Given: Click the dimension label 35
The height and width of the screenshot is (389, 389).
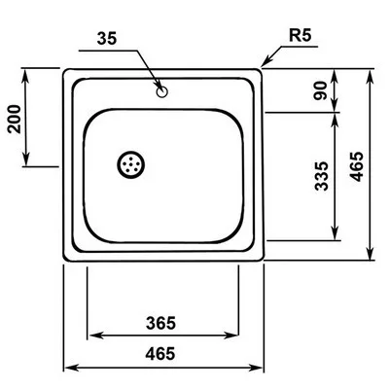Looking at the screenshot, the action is [106, 39].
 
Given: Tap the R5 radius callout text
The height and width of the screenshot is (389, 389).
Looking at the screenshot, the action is [300, 36].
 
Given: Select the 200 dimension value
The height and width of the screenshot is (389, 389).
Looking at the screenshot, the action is [15, 119].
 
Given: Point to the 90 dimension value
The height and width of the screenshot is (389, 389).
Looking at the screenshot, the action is [322, 91].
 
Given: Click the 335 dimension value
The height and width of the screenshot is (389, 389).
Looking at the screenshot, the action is [322, 176].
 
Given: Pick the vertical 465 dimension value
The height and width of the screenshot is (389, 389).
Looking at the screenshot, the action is [358, 166].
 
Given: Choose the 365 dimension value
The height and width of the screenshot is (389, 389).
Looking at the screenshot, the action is [160, 323].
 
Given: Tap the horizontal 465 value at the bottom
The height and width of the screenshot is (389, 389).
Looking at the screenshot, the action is [160, 353].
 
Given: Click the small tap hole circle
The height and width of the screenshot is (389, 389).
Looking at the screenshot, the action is [161, 91].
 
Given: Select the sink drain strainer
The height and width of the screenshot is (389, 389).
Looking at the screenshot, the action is [130, 164].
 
